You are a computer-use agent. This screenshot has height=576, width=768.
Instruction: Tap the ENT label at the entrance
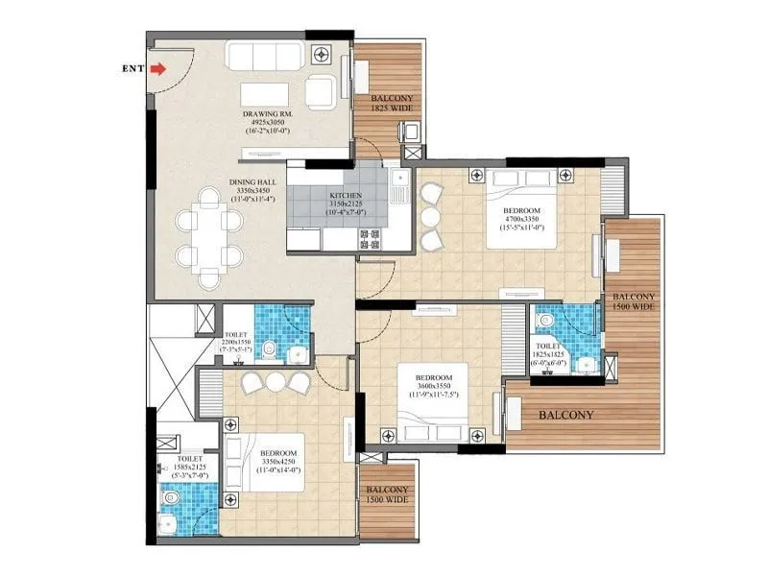(x=134, y=69)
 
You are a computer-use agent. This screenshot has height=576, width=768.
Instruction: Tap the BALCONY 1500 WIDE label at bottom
(x=387, y=494)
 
